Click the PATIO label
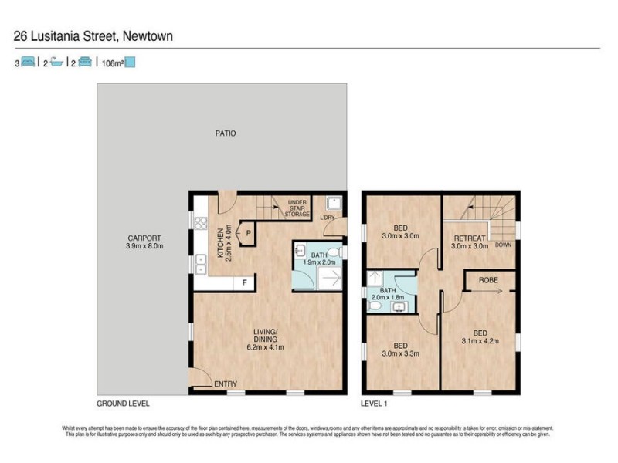[x=225, y=133]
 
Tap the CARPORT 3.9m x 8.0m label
[x=145, y=242]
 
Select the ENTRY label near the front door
[x=226, y=384]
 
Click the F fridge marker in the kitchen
[x=245, y=283]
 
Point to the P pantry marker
[x=249, y=230]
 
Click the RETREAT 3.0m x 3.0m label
[x=470, y=242]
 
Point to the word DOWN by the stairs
[x=503, y=245]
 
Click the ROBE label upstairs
[x=487, y=280]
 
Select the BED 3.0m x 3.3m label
[x=400, y=350]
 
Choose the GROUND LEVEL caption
[x=123, y=404]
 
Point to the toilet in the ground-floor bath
[x=329, y=251]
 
